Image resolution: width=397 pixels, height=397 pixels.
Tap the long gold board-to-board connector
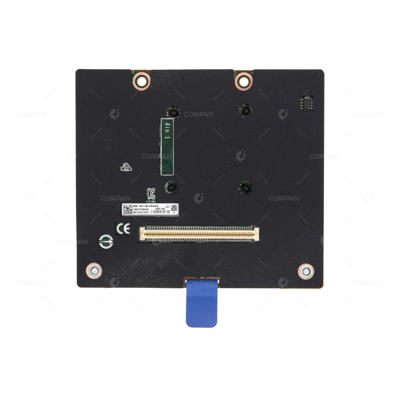pyautogui.click(x=198, y=234)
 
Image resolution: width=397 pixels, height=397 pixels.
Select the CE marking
pyautogui.click(x=122, y=229)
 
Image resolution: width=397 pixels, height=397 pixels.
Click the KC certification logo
pyautogui.click(x=151, y=194)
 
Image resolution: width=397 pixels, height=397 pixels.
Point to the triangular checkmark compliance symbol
pyautogui.click(x=125, y=168)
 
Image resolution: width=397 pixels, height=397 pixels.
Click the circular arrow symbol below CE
pyautogui.click(x=106, y=241)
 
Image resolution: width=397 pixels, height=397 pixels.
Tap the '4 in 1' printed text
pyautogui.click(x=168, y=131)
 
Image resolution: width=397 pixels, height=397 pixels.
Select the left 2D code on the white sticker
pyautogui.click(x=127, y=209)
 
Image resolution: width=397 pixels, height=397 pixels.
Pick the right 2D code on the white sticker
pyautogui.click(x=174, y=208)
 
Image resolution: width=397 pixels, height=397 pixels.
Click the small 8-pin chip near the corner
pyautogui.click(x=306, y=102)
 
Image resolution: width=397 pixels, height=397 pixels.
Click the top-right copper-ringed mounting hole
pyautogui.click(x=243, y=81)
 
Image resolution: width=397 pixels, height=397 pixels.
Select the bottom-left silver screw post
pyautogui.click(x=94, y=271)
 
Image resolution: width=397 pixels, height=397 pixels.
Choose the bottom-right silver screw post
pyautogui.click(x=306, y=272)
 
